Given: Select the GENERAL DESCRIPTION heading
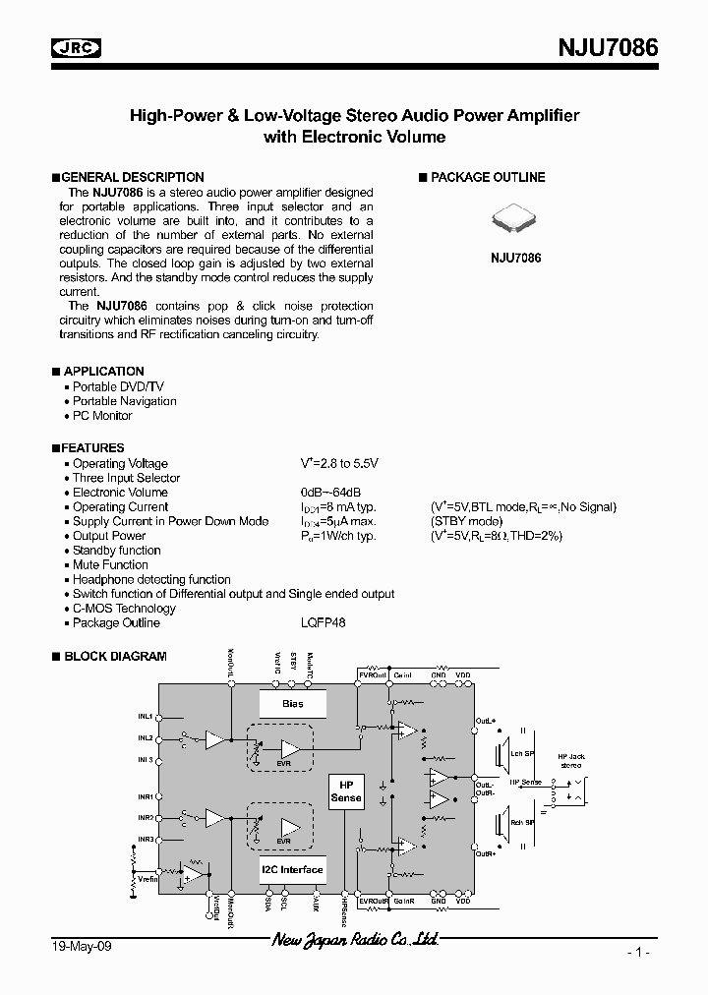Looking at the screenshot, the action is (x=133, y=178).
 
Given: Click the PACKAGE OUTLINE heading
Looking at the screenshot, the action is (x=487, y=178).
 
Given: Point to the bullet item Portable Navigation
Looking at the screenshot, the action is (x=125, y=401).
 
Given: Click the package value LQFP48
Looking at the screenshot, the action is (x=324, y=623).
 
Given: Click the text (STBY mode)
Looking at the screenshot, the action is (x=466, y=522).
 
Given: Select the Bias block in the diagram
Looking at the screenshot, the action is (x=292, y=704).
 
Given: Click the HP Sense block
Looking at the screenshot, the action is (x=346, y=792).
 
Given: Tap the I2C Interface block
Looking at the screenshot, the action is (x=292, y=870).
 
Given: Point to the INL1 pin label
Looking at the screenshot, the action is (x=145, y=717).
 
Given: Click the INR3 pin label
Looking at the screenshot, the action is (x=145, y=839).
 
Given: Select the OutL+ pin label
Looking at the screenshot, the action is (x=485, y=721).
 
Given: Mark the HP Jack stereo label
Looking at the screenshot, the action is (x=570, y=761).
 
